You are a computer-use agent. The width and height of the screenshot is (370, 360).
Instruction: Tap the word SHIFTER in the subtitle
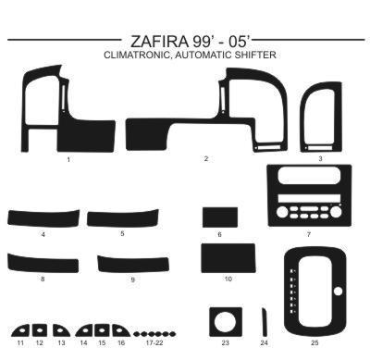point(255,55)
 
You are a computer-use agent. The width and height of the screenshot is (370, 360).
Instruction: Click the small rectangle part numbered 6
point(220,217)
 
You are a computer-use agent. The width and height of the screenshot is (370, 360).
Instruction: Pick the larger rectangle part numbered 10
point(228,258)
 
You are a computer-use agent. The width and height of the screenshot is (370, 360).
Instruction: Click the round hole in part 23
point(225,322)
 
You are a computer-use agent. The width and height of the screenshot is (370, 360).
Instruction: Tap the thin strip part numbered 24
point(265,322)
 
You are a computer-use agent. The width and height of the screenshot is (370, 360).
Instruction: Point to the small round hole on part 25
point(338,291)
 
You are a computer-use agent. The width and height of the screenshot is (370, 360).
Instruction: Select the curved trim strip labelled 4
point(43,218)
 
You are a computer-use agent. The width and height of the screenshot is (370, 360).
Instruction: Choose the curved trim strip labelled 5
point(123,217)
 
